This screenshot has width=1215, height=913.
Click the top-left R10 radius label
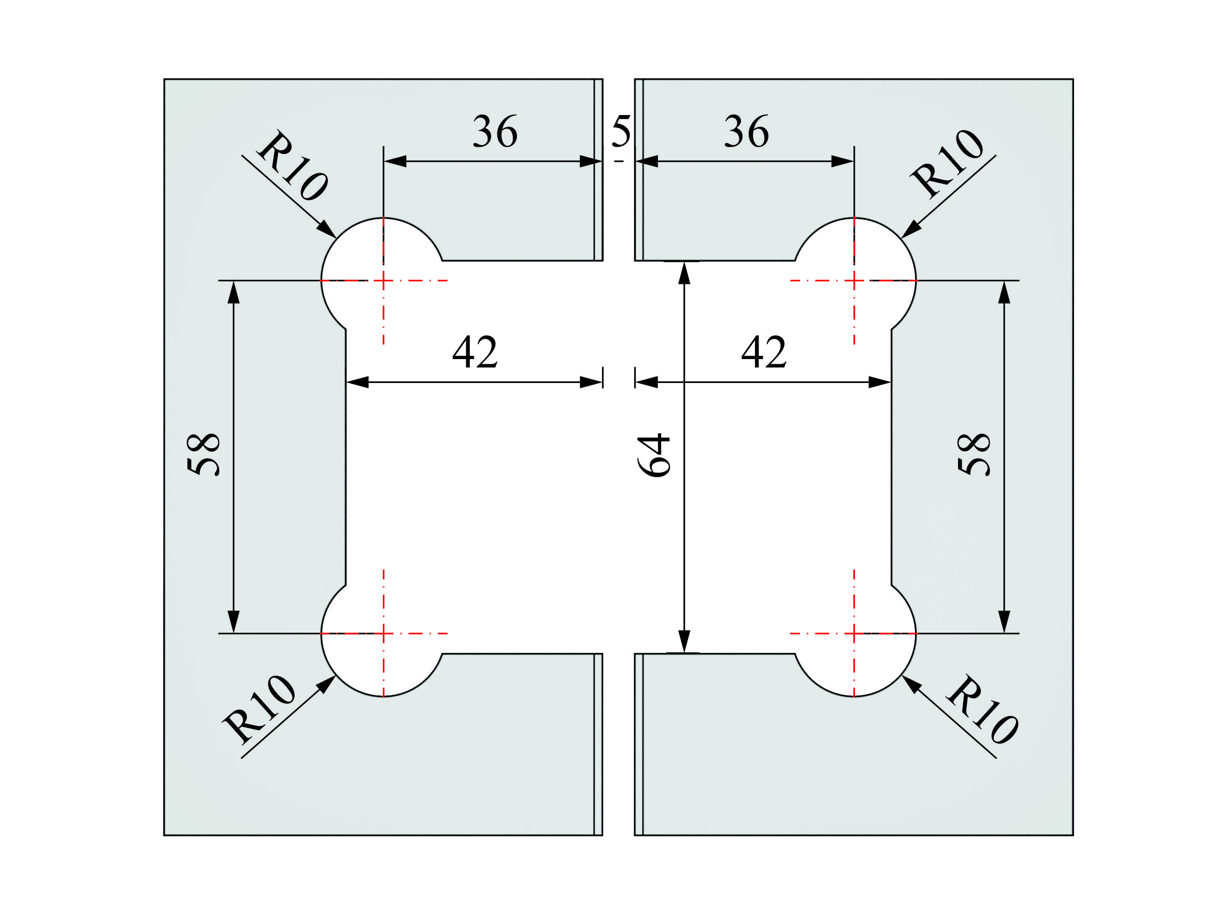click(293, 166)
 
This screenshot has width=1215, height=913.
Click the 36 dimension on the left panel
click(494, 132)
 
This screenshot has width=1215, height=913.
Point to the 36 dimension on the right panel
click(746, 132)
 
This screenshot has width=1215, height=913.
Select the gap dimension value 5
click(621, 132)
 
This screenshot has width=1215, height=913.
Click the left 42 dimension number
click(475, 352)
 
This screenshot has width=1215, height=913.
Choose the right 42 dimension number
click(764, 352)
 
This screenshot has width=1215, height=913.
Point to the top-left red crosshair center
click(383, 281)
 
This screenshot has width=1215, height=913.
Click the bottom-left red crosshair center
click(383, 633)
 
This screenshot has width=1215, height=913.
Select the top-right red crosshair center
click(854, 281)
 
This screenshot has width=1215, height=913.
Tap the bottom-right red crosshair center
click(854, 633)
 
